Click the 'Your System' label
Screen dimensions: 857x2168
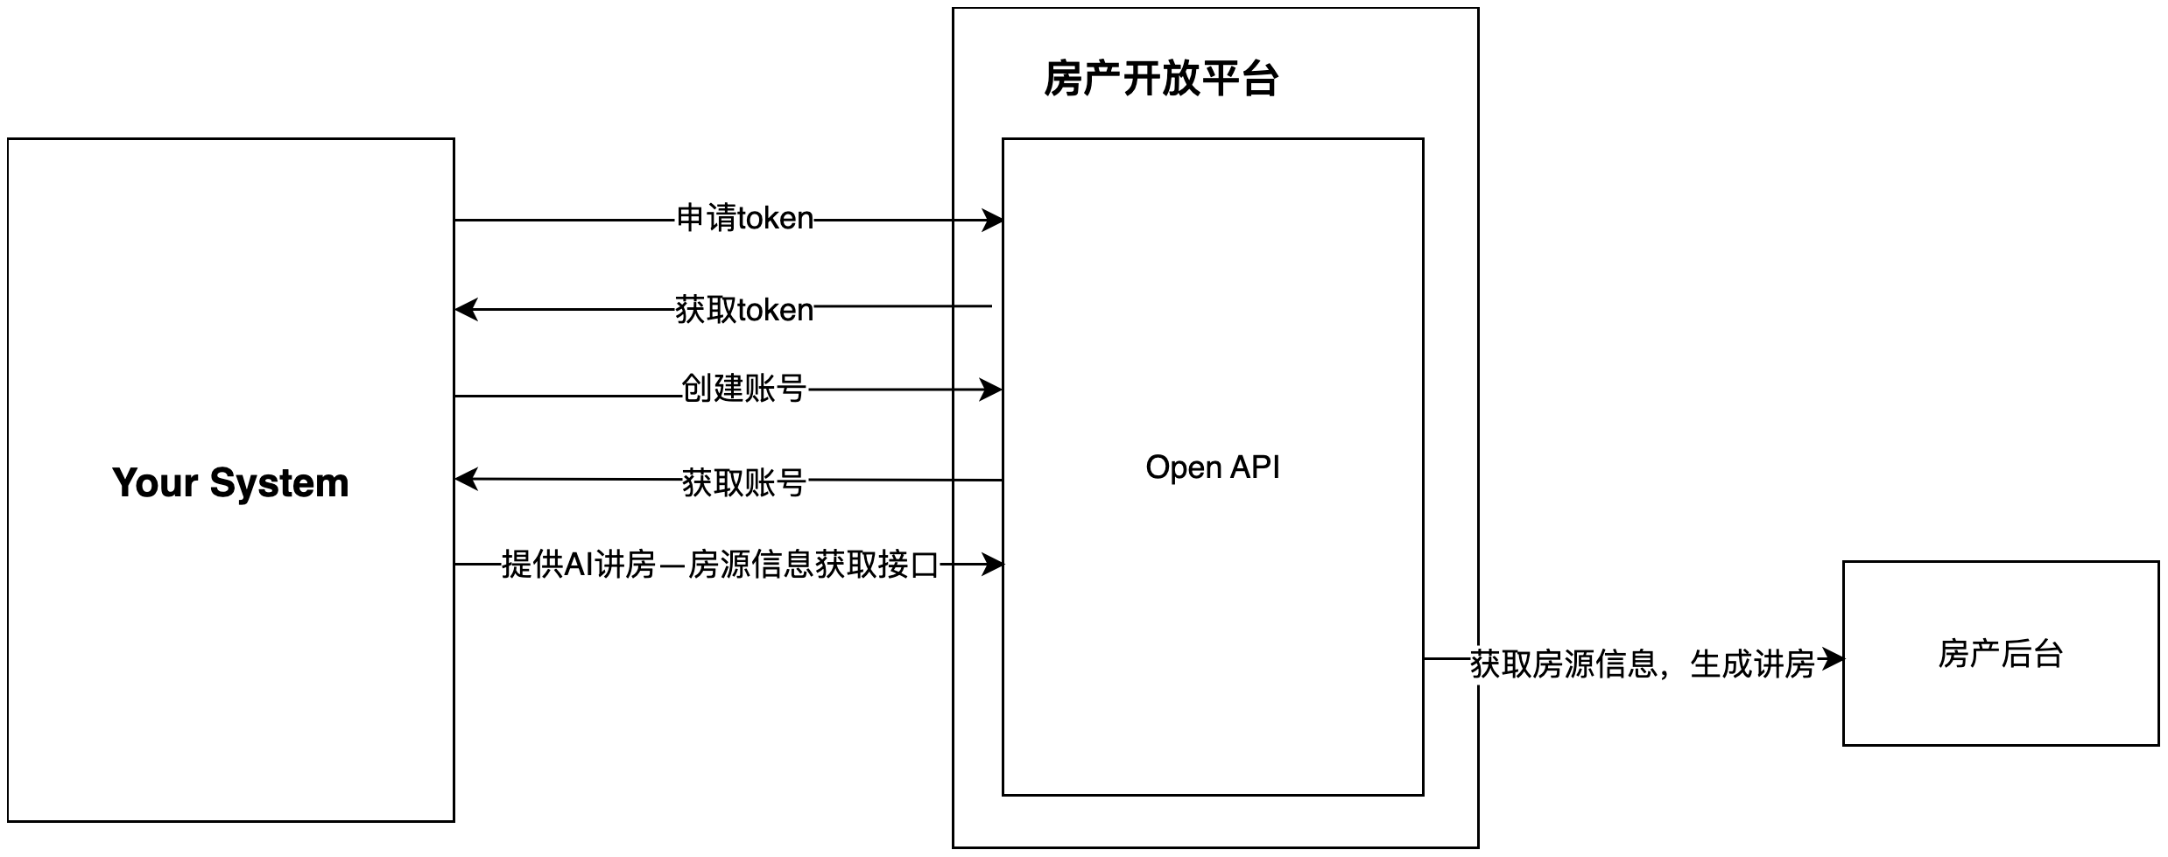point(230,483)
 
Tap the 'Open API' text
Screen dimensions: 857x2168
point(1212,467)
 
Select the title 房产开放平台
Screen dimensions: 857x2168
point(1161,79)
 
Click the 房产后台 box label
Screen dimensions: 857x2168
point(2000,654)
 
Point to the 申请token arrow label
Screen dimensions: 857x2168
point(744,219)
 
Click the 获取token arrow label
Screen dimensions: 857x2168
point(744,310)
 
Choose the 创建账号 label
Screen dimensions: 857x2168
point(744,389)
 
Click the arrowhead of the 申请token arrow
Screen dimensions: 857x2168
point(993,221)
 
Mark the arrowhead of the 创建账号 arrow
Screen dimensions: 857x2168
point(991,390)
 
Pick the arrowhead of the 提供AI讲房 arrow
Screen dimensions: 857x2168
point(993,565)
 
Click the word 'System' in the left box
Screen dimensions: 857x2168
point(279,483)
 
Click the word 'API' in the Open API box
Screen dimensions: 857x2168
point(1255,467)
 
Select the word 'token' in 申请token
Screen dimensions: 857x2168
point(776,219)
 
